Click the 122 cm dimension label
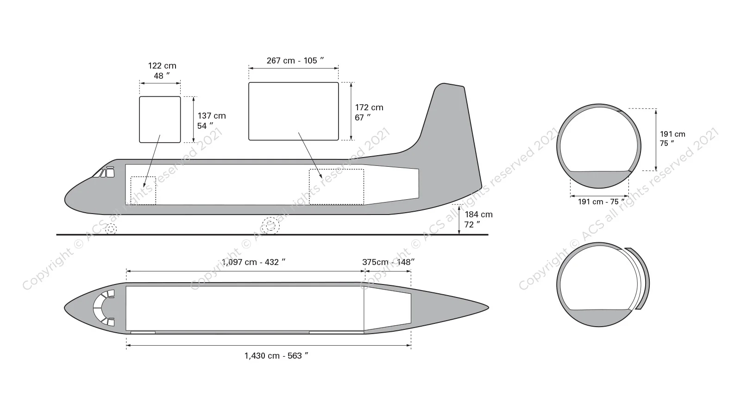(x=162, y=71)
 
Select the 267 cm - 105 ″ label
(x=295, y=61)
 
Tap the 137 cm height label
(x=211, y=121)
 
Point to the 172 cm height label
(x=369, y=113)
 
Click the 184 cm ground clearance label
(x=478, y=220)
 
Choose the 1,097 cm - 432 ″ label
(x=254, y=262)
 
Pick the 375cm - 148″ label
(x=389, y=262)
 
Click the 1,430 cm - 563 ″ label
(x=276, y=356)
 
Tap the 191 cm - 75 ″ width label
(x=601, y=202)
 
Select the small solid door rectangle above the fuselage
(x=160, y=120)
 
